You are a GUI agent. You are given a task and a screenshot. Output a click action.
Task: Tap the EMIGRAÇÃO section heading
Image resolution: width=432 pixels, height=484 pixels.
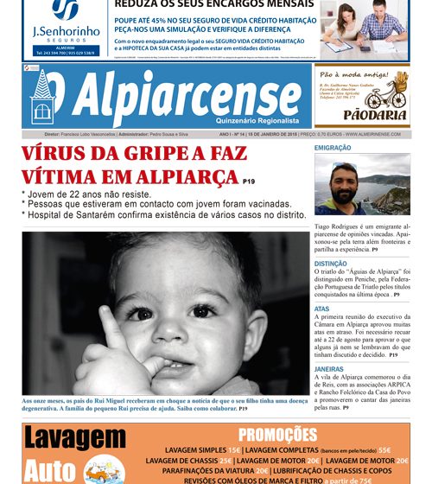[x=333, y=149]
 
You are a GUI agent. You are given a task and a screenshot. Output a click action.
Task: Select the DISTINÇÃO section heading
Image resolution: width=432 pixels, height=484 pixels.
[x=331, y=264]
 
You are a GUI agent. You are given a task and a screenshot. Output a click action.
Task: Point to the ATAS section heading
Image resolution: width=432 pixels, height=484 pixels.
[x=321, y=309]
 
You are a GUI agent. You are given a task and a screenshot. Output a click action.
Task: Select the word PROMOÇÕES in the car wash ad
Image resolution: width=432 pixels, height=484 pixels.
[x=278, y=435]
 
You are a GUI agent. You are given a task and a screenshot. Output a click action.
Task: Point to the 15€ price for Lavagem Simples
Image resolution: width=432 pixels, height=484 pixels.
[x=235, y=450]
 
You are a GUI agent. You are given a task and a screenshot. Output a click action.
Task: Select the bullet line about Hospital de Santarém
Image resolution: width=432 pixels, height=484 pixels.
[x=164, y=214]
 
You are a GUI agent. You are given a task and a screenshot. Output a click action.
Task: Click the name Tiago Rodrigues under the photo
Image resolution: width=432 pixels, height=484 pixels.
[x=337, y=225]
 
